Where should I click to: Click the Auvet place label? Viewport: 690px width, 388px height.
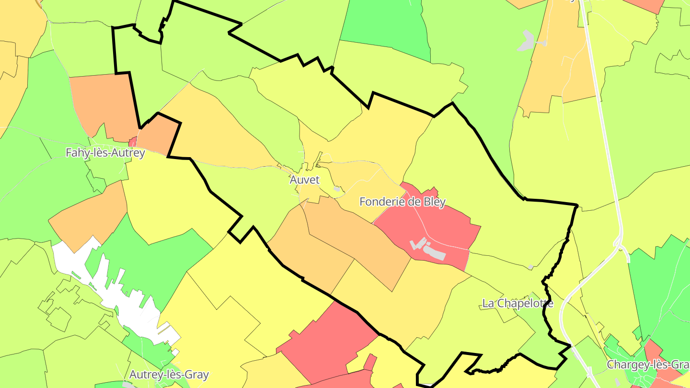(x=304, y=180)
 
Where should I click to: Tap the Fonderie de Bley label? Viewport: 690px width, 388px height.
(x=402, y=202)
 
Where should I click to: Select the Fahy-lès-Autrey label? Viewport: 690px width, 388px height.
(x=105, y=153)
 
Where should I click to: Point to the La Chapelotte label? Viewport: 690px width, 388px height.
(x=517, y=303)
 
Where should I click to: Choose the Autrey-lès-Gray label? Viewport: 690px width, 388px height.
(x=169, y=374)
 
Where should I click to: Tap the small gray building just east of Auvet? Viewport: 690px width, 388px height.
(x=337, y=189)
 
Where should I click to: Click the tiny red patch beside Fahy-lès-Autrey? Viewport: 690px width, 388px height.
(x=133, y=142)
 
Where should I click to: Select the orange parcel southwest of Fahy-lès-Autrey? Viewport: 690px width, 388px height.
(x=89, y=216)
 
